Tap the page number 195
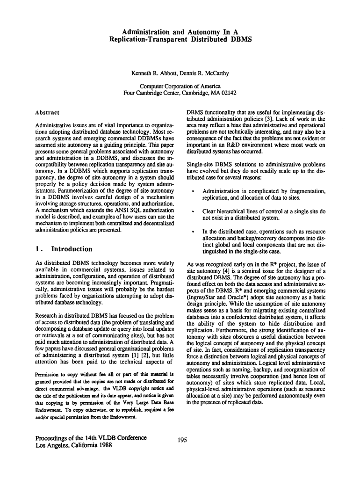click(x=182, y=440)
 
